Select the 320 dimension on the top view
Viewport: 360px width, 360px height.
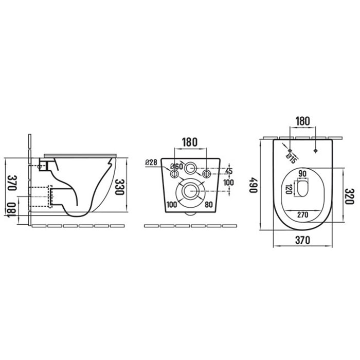tap(350, 196)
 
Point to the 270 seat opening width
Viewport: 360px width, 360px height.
tap(302, 215)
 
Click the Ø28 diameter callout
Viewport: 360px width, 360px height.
tap(151, 163)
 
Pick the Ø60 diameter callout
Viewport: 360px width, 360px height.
tap(176, 167)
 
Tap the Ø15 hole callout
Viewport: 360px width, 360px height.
tap(291, 158)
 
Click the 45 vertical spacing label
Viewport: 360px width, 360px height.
tap(229, 171)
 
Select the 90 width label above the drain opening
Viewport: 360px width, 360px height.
tap(302, 174)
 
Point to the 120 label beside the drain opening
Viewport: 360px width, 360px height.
tap(289, 189)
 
